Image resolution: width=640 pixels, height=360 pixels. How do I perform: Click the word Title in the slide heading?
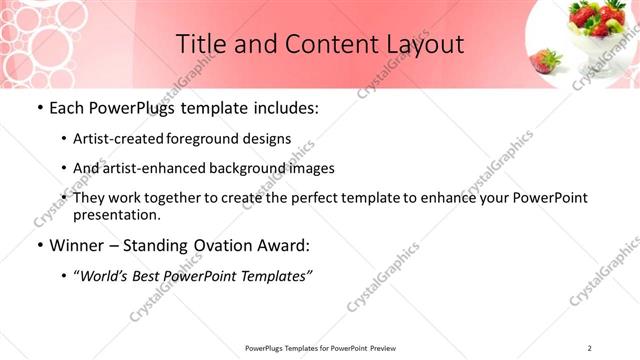[x=200, y=45]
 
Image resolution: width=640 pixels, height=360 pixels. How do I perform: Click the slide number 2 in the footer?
[x=590, y=348]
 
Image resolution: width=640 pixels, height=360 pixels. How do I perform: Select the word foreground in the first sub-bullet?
[x=216, y=138]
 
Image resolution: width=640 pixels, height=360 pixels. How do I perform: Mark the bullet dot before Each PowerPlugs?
[x=39, y=108]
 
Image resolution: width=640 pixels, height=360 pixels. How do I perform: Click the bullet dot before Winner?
[x=39, y=245]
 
